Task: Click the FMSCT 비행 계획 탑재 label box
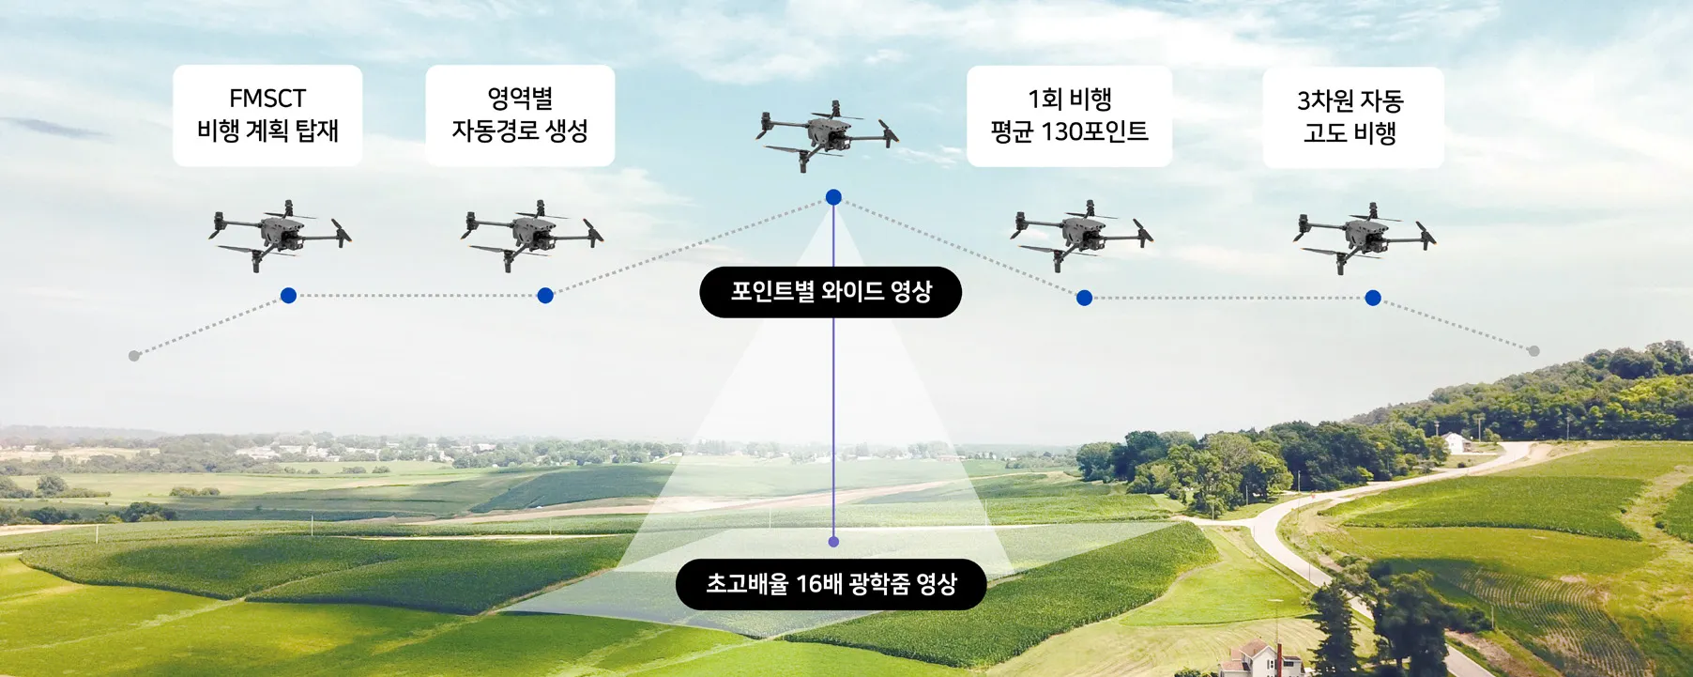(267, 115)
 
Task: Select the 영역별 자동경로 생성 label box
(520, 115)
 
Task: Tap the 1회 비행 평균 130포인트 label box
(1069, 116)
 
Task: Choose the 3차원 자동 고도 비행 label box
(1352, 117)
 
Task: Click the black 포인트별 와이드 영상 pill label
(831, 292)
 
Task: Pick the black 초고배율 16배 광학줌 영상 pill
(831, 584)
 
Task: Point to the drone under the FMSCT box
(280, 235)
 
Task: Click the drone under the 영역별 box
(532, 235)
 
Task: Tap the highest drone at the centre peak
(827, 134)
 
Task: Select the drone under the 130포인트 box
(1082, 235)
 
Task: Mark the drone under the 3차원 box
(1365, 237)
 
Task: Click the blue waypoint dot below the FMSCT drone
(288, 296)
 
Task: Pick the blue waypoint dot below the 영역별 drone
(545, 296)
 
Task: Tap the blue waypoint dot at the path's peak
(833, 197)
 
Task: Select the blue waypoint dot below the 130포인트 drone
(1084, 298)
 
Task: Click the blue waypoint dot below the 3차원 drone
(1373, 298)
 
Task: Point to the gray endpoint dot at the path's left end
(134, 356)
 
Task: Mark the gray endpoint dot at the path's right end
(1533, 351)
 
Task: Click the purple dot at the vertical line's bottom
(833, 542)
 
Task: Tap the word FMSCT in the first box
(267, 99)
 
